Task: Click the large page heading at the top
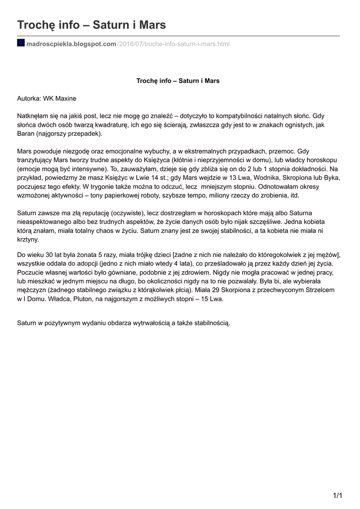91,24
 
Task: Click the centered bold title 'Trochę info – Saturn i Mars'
178,81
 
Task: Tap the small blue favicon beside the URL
21,43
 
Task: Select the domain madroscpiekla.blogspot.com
71,44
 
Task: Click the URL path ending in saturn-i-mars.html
174,44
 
